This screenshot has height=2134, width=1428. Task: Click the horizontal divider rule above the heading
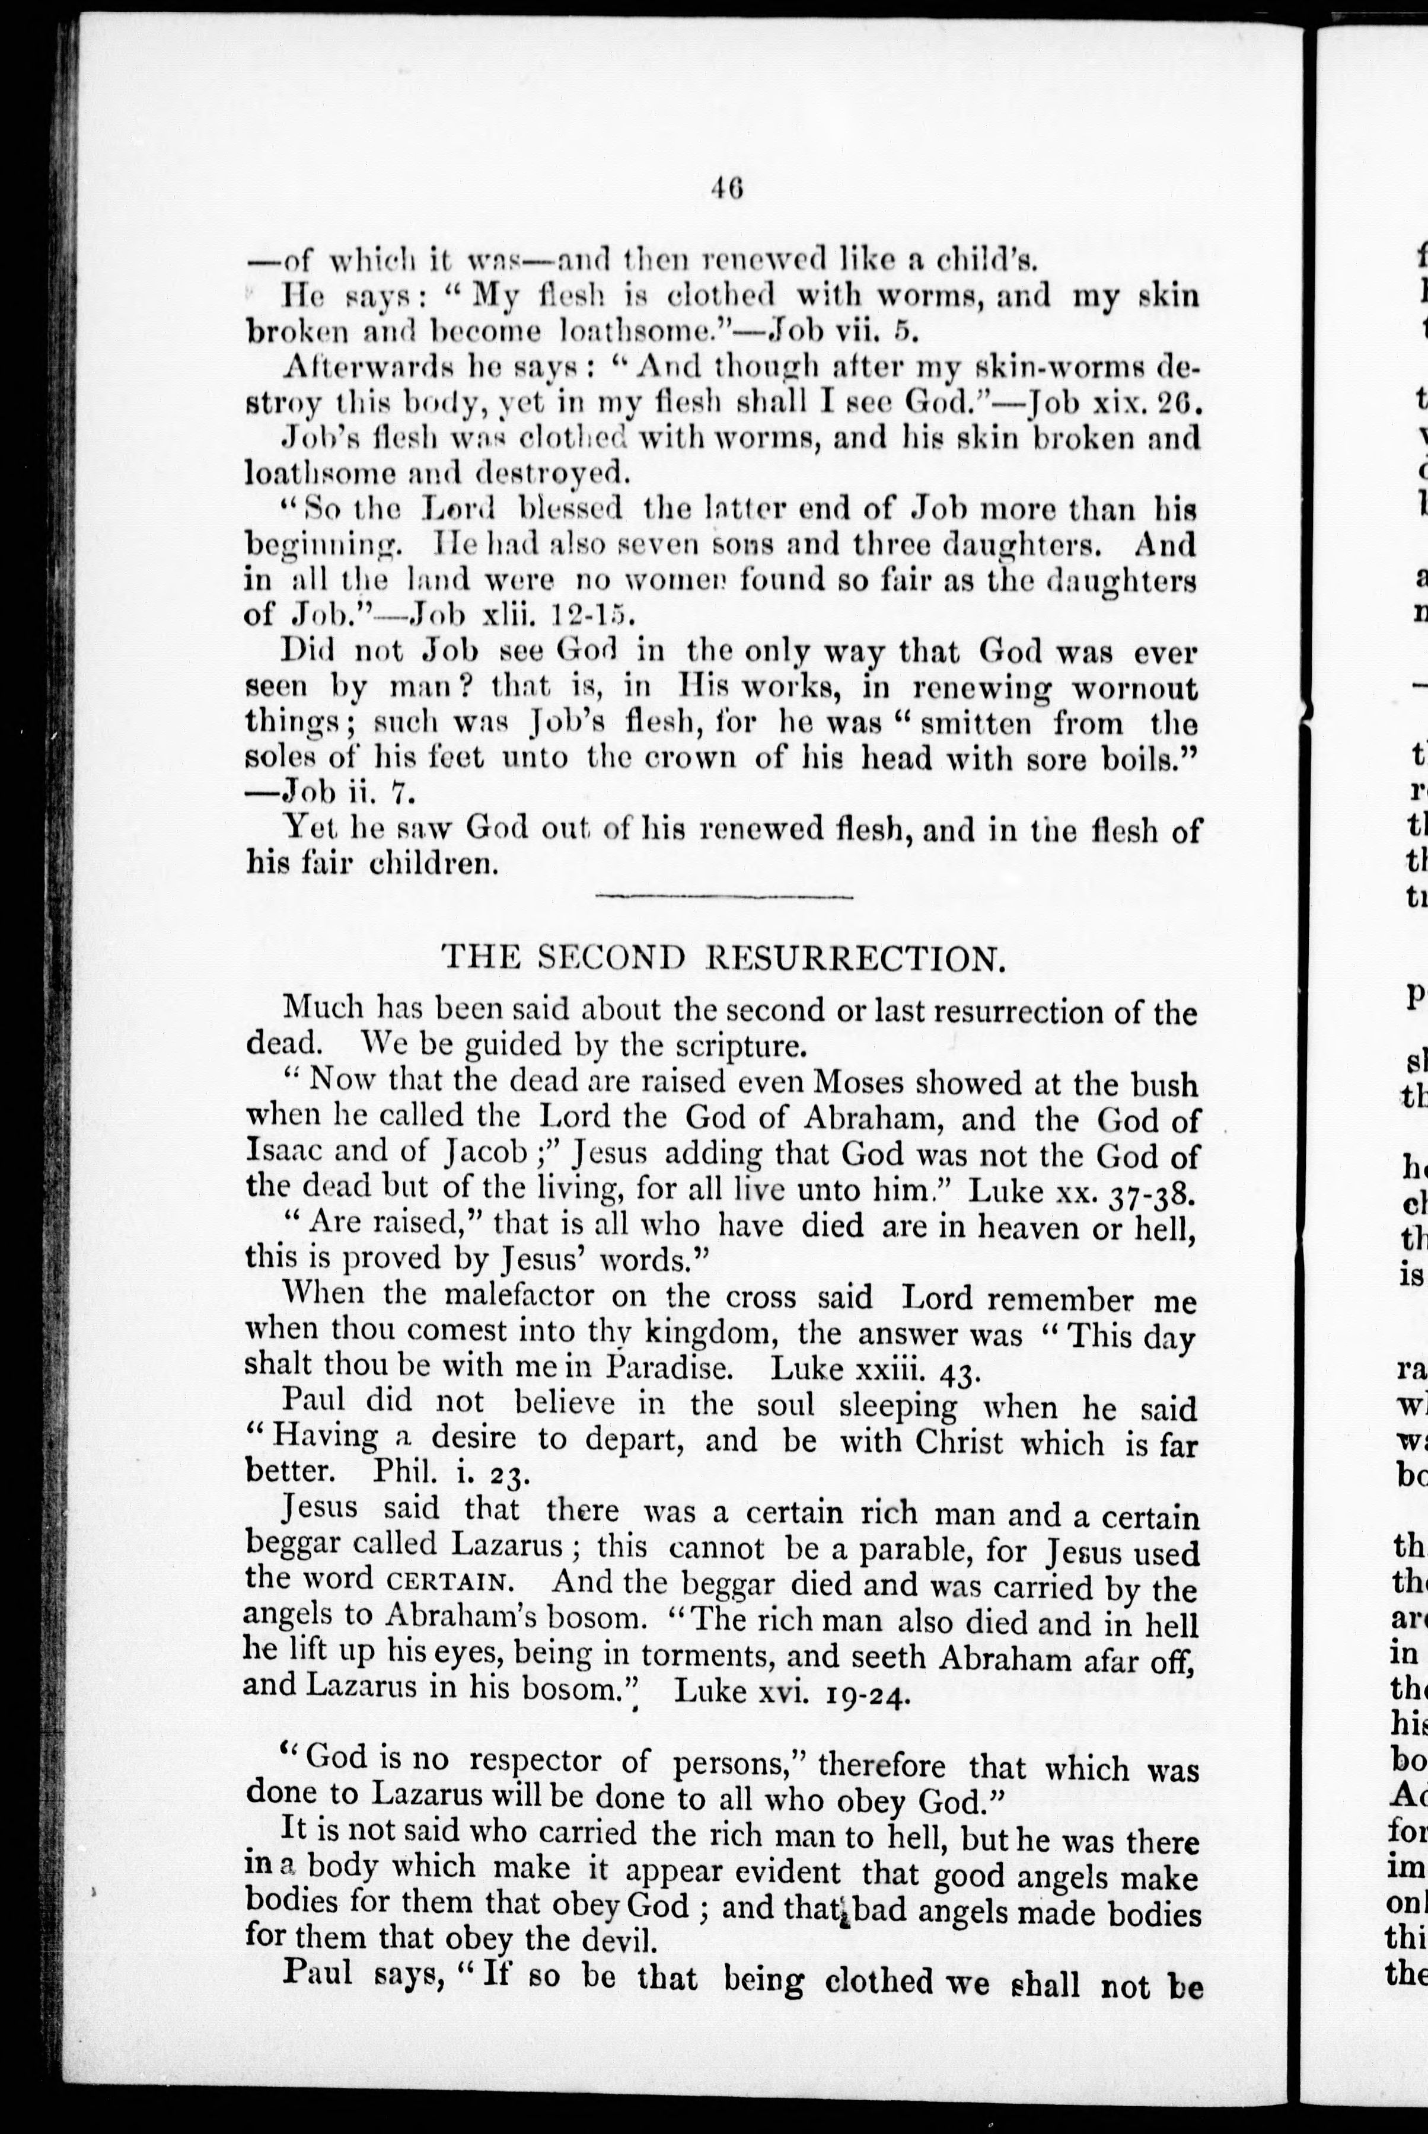(x=724, y=897)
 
